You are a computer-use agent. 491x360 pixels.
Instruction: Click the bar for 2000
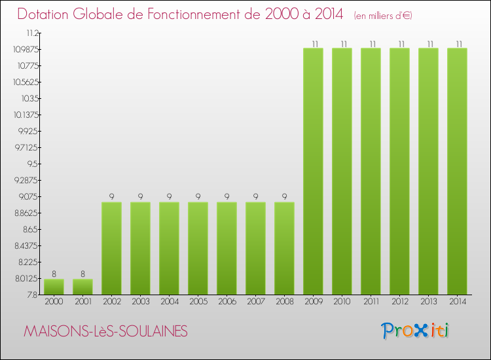click(x=54, y=287)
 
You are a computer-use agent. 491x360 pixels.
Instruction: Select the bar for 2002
click(x=111, y=248)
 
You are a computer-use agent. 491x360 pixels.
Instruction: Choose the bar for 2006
click(x=227, y=248)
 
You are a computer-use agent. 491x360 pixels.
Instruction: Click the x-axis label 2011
click(x=371, y=302)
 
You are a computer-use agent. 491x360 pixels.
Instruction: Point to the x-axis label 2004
click(x=169, y=302)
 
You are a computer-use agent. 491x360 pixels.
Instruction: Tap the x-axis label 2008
click(x=284, y=302)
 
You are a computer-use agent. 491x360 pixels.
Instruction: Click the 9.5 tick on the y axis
click(x=32, y=164)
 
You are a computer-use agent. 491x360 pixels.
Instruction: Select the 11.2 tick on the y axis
click(x=32, y=33)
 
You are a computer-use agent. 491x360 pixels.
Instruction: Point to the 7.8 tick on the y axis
click(x=33, y=295)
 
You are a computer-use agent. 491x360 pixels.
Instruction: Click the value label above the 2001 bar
click(x=82, y=274)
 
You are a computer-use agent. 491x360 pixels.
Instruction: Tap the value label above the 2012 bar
click(x=399, y=43)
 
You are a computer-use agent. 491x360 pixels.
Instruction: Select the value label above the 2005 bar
click(x=198, y=196)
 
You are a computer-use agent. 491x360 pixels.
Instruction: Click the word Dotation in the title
click(x=46, y=14)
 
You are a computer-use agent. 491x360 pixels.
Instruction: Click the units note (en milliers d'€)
click(x=383, y=15)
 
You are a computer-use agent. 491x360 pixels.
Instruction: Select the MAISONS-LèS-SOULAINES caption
click(x=105, y=332)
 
